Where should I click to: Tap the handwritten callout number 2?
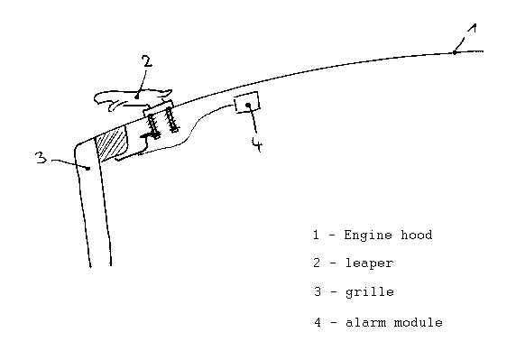coord(147,61)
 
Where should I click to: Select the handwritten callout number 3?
coord(41,158)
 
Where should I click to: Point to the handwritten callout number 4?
coord(257,143)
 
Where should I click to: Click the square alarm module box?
coord(247,103)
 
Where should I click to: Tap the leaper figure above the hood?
coord(133,99)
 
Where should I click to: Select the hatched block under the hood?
coord(111,143)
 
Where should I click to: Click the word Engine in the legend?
coord(368,235)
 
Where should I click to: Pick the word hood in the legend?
coord(416,235)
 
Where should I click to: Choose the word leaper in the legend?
coord(369,263)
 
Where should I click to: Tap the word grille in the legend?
coord(370,292)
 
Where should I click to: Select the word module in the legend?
coord(419,322)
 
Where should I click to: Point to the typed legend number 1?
coord(316,235)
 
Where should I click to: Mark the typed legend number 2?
coord(317,263)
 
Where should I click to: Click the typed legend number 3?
coord(317,291)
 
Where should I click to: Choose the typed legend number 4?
coord(318,322)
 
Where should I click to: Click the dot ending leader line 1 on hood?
coord(455,52)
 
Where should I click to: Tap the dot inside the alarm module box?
coord(248,105)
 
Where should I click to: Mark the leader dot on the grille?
coord(88,169)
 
